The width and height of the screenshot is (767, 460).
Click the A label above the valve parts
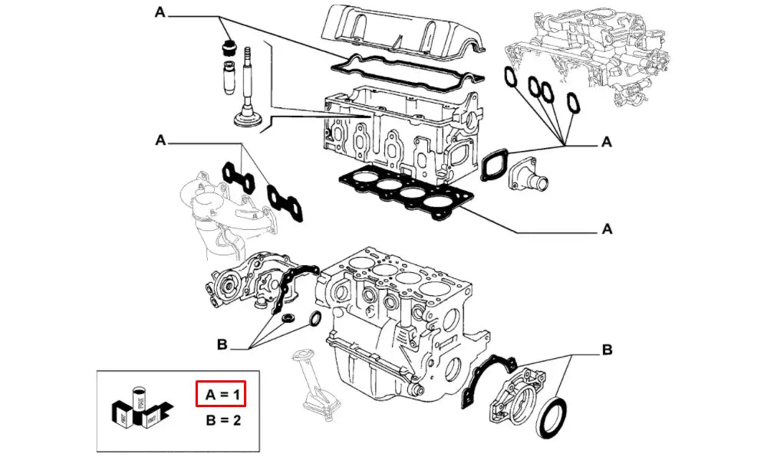point(160,12)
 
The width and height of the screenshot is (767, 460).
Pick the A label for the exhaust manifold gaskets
point(160,140)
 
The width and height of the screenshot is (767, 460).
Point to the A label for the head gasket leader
point(607,228)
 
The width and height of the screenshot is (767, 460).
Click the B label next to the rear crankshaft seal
point(607,350)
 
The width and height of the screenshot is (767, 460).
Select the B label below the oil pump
point(222,346)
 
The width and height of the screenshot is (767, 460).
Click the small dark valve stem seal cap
point(226,46)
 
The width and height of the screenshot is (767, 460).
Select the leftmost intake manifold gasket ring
point(510,77)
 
